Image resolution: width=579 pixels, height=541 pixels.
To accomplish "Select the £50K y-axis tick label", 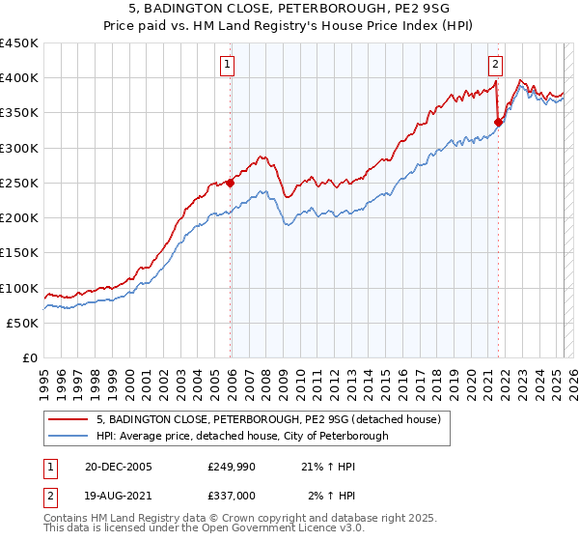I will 23,323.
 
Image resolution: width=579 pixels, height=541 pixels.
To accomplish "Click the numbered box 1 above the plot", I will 227,66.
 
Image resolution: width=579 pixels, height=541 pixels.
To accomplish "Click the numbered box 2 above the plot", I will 495,66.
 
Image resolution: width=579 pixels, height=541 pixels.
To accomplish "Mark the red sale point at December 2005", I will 231,183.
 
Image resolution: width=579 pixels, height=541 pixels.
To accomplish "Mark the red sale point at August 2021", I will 499,122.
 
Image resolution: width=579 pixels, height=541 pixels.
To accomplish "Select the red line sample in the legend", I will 69,419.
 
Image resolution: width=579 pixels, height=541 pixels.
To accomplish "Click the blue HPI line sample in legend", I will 69,436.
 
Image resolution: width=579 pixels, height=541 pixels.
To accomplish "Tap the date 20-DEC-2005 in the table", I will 118,466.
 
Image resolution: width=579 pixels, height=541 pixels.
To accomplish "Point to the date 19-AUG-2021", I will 118,495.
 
